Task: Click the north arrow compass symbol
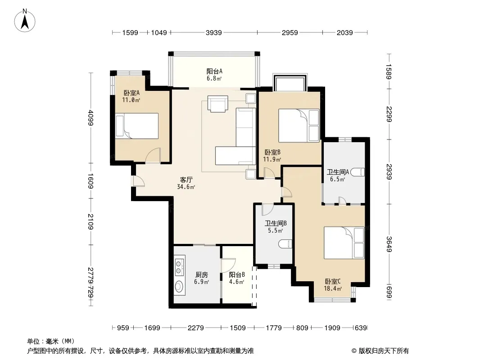point(25,21)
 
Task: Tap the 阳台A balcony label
point(214,75)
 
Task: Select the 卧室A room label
point(131,96)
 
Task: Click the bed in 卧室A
point(137,126)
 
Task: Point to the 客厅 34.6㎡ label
point(186,183)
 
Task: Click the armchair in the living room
point(217,103)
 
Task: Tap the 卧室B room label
point(272,156)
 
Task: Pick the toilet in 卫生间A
point(357,172)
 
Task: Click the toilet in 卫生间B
point(285,244)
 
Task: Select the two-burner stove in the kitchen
point(179,266)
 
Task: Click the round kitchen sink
point(179,286)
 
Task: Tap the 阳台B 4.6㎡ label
point(237,278)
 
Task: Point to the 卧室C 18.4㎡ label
point(333,285)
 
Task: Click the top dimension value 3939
point(214,32)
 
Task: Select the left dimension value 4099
point(91,117)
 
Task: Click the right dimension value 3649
point(389,244)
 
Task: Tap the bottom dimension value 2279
point(195,328)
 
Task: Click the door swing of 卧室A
point(153,155)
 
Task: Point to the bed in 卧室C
point(344,243)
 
